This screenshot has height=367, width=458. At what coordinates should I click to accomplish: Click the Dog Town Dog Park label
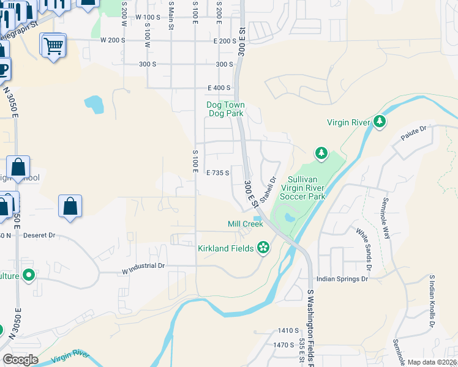click(225, 109)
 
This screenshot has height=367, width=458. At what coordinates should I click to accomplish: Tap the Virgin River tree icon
click(380, 122)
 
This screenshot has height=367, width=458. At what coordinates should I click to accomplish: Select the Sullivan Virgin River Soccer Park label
click(302, 188)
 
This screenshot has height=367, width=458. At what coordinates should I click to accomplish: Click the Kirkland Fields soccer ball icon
click(263, 248)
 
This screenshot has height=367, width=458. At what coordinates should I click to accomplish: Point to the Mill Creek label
click(245, 224)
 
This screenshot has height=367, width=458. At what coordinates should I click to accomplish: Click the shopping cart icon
click(54, 45)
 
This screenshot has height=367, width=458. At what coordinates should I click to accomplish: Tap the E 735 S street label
click(217, 173)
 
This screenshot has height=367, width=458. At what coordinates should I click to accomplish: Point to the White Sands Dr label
click(364, 248)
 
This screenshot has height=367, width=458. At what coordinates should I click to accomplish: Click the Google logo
click(20, 360)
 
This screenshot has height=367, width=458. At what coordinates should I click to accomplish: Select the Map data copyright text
click(432, 362)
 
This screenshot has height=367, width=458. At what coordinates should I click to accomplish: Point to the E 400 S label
click(219, 88)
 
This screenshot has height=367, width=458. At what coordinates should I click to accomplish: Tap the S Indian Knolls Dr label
click(432, 298)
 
